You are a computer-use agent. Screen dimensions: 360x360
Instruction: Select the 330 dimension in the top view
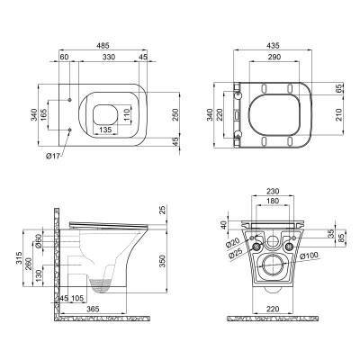pyautogui.click(x=109, y=57)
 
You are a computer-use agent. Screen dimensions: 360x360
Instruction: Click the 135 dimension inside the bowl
pyautogui.click(x=105, y=128)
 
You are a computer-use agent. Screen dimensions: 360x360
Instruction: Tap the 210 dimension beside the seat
pyautogui.click(x=340, y=115)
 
